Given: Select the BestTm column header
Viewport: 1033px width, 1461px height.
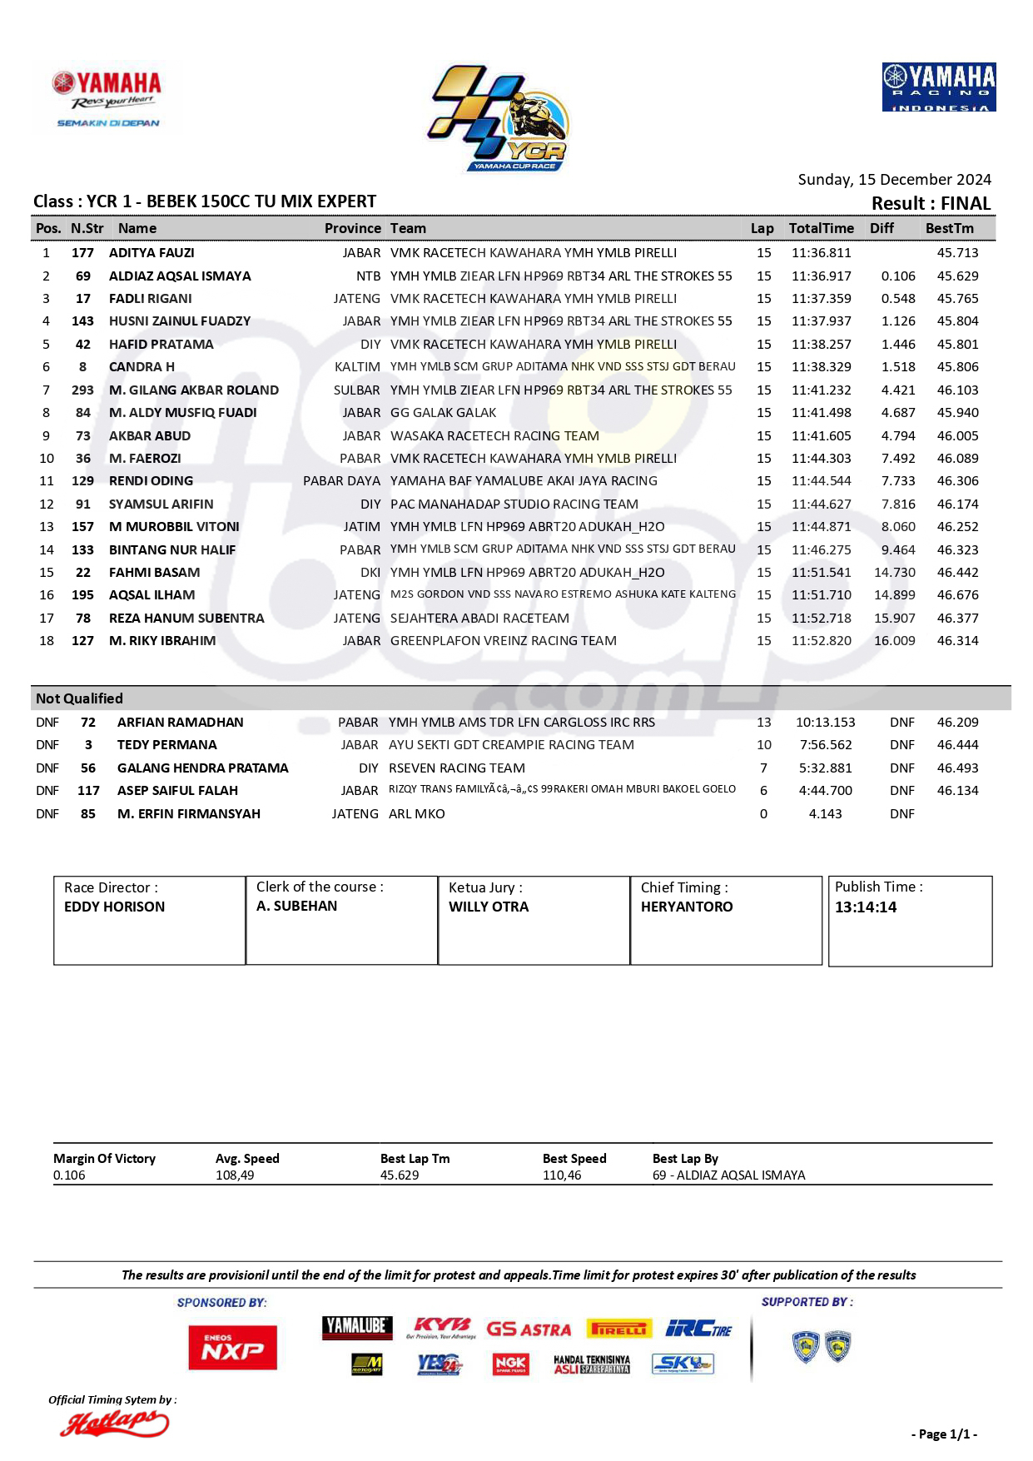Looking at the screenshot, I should tap(949, 228).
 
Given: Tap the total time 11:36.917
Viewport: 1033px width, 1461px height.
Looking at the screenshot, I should tap(821, 276).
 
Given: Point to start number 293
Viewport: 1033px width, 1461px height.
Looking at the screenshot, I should tap(82, 390).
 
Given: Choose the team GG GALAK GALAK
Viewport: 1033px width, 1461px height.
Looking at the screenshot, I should tap(443, 413).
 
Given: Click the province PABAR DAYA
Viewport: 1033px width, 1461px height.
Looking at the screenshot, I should tap(341, 481).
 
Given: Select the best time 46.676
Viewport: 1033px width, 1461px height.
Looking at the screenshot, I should tap(957, 595).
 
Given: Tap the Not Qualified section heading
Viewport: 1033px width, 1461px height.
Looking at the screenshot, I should tap(79, 698).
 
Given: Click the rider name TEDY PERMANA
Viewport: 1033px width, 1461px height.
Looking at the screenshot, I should tap(166, 745).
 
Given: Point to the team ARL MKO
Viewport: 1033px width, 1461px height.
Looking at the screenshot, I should tap(416, 814).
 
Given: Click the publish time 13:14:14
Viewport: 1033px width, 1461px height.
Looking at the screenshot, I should tap(866, 907).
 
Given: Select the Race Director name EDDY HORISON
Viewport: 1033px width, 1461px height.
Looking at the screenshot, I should tap(114, 907).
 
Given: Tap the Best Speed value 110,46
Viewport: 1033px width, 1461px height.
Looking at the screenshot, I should tap(562, 1175).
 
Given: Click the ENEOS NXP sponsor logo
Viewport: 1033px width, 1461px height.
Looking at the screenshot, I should tap(232, 1347).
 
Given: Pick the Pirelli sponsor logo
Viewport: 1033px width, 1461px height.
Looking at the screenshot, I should tap(618, 1329).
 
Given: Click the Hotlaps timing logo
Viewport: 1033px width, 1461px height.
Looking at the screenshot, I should tap(114, 1424).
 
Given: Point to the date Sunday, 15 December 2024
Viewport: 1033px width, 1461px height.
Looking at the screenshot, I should tap(894, 180).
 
